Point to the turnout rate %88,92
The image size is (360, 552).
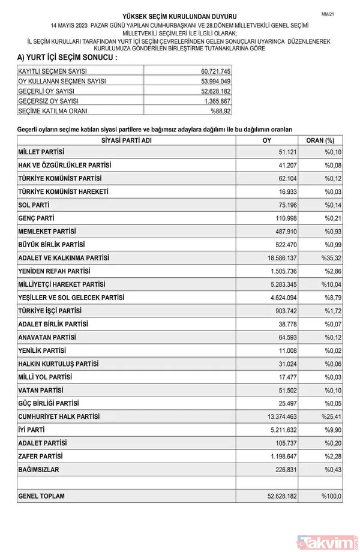tap(220, 112)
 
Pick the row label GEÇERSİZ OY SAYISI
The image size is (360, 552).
tap(57, 101)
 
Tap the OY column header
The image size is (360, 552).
tap(267, 140)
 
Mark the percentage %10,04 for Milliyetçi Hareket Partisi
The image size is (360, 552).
tap(332, 284)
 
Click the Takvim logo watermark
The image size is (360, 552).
tap(329, 542)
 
